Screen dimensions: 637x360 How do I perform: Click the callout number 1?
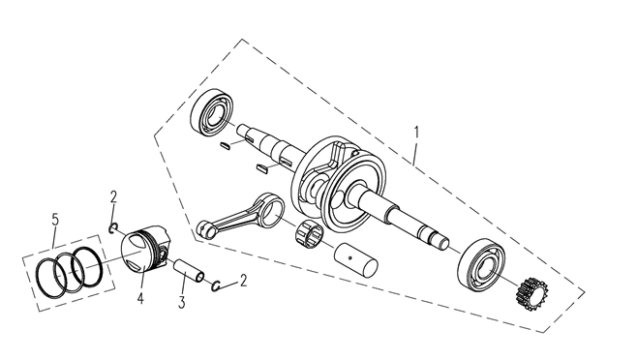(x=416, y=133)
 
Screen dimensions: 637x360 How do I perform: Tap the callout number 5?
(x=55, y=220)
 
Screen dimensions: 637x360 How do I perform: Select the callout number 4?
(x=140, y=299)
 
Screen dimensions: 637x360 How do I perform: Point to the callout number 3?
(x=182, y=302)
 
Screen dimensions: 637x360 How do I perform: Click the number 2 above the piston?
(x=113, y=197)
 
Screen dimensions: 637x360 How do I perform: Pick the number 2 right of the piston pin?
(x=243, y=281)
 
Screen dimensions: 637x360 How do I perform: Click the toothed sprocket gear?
(x=531, y=294)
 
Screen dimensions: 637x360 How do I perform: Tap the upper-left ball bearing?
(x=213, y=111)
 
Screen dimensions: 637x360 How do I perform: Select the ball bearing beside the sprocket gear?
(x=481, y=265)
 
